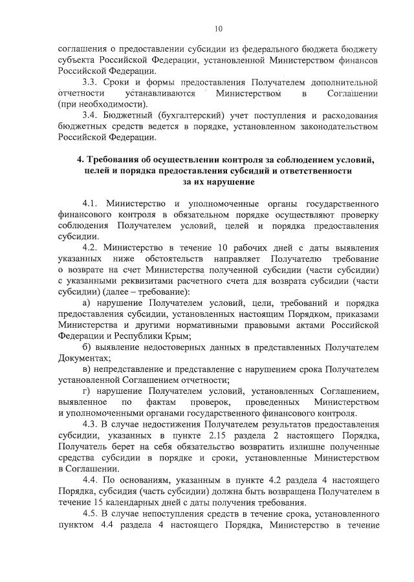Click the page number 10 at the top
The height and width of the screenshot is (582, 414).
(x=218, y=28)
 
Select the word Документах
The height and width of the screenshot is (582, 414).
(x=82, y=358)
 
